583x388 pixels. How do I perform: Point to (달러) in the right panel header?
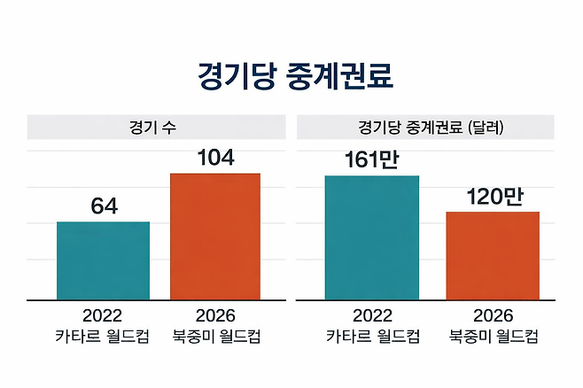tap(483, 127)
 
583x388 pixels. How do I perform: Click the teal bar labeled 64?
tap(104, 260)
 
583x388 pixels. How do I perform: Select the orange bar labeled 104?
tap(215, 237)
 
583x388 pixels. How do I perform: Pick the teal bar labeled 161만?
tap(372, 237)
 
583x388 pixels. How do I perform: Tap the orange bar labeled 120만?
tap(493, 255)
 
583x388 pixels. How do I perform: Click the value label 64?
tap(104, 207)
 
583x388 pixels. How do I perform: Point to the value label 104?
tap(215, 159)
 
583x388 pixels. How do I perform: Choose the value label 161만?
tap(372, 161)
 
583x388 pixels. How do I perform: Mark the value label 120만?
tap(493, 197)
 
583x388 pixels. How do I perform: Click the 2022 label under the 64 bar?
tap(102, 316)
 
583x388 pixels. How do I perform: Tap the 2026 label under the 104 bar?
tap(215, 316)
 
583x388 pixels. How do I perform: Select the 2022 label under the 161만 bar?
tap(372, 316)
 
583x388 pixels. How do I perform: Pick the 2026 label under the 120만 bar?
tap(494, 316)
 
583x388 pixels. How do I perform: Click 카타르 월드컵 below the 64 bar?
tap(102, 337)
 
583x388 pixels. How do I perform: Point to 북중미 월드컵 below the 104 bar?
tap(215, 337)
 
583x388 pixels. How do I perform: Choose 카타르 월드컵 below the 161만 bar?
tap(372, 337)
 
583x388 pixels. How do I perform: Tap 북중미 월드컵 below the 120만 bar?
tap(494, 337)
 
